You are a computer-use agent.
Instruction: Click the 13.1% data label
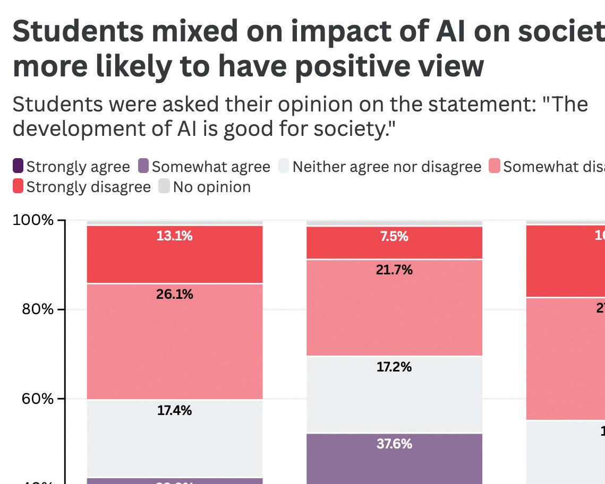point(174,236)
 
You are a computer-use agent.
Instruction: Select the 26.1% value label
point(174,294)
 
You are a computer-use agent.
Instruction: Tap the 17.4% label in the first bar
point(174,410)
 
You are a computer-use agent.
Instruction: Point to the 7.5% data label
point(394,237)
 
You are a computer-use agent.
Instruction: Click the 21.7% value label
point(394,270)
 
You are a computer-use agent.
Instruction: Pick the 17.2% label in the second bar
point(394,367)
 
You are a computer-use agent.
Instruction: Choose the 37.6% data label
point(394,444)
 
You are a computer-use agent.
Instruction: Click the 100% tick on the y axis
point(33,220)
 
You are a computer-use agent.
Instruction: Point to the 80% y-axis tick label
point(37,309)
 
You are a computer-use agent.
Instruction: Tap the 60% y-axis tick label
point(37,399)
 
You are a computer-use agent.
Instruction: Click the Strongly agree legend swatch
point(18,166)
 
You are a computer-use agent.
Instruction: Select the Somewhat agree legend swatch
point(143,166)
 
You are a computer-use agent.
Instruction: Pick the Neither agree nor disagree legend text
point(387,167)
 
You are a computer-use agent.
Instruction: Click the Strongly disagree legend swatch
point(18,186)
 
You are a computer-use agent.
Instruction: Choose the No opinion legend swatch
point(164,186)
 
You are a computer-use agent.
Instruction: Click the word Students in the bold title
point(78,31)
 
